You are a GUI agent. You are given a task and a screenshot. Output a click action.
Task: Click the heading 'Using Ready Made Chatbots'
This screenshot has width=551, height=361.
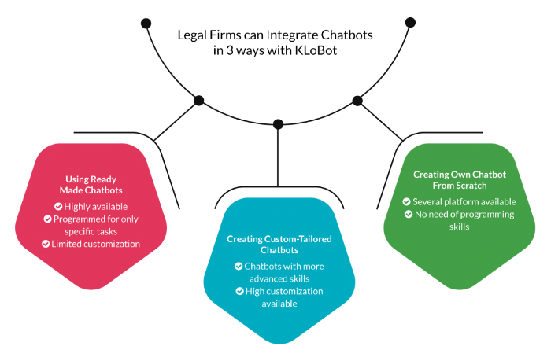pos(91,184)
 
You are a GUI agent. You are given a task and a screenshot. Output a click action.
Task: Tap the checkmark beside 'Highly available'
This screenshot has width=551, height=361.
pos(58,206)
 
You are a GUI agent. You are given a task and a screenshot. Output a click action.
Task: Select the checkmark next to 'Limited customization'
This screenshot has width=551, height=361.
pos(46,244)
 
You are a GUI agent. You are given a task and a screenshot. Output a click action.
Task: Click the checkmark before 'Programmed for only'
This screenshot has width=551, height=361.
pos(48,219)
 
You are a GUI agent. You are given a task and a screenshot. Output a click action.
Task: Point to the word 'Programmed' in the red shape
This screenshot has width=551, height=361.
pos(79,219)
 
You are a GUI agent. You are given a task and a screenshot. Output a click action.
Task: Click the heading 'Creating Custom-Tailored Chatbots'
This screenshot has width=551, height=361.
pos(279,244)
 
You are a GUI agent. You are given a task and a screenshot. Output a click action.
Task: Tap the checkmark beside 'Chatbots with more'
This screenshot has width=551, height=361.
pos(239,266)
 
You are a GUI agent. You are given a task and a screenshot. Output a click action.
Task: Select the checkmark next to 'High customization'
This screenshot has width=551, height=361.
pos(239,291)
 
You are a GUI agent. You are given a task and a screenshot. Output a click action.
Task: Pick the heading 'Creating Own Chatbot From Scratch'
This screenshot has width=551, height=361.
pos(449,179)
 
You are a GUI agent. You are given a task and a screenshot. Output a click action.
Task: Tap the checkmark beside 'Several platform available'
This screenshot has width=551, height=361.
pos(406,201)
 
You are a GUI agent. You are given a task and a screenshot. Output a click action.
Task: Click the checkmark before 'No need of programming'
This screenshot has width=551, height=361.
pos(409,214)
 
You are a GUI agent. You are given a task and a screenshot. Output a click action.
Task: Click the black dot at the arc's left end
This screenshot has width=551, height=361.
pos(146,24)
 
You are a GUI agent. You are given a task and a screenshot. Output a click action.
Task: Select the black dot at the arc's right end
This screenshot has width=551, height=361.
pos(409,23)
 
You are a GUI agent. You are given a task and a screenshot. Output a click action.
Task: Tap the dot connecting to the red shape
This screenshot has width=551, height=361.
pos(199,101)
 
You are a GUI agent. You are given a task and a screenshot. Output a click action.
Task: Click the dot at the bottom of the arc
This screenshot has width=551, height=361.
pos(278,124)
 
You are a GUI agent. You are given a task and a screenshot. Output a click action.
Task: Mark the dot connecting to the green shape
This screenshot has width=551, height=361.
pos(357,101)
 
